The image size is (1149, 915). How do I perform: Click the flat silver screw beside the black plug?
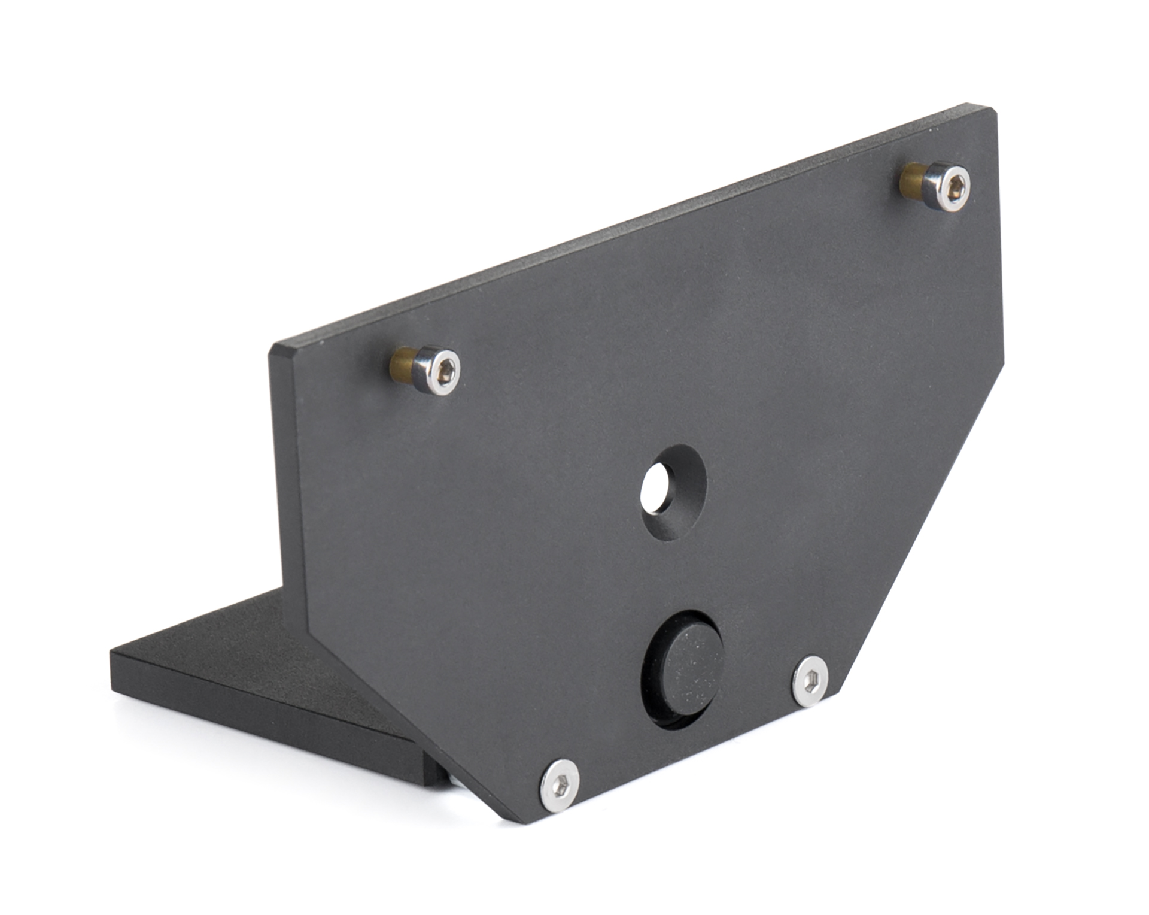tap(810, 681)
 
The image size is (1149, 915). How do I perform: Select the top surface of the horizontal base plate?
tap(239, 653)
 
